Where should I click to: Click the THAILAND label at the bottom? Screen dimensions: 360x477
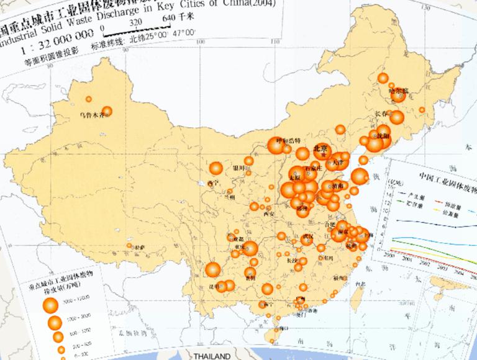(212, 356)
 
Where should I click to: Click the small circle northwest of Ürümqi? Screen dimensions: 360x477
(89, 99)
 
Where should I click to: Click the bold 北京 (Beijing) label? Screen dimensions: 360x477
(320, 149)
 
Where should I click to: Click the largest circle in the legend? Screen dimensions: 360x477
(50, 304)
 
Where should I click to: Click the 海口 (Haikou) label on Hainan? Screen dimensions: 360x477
(284, 327)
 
